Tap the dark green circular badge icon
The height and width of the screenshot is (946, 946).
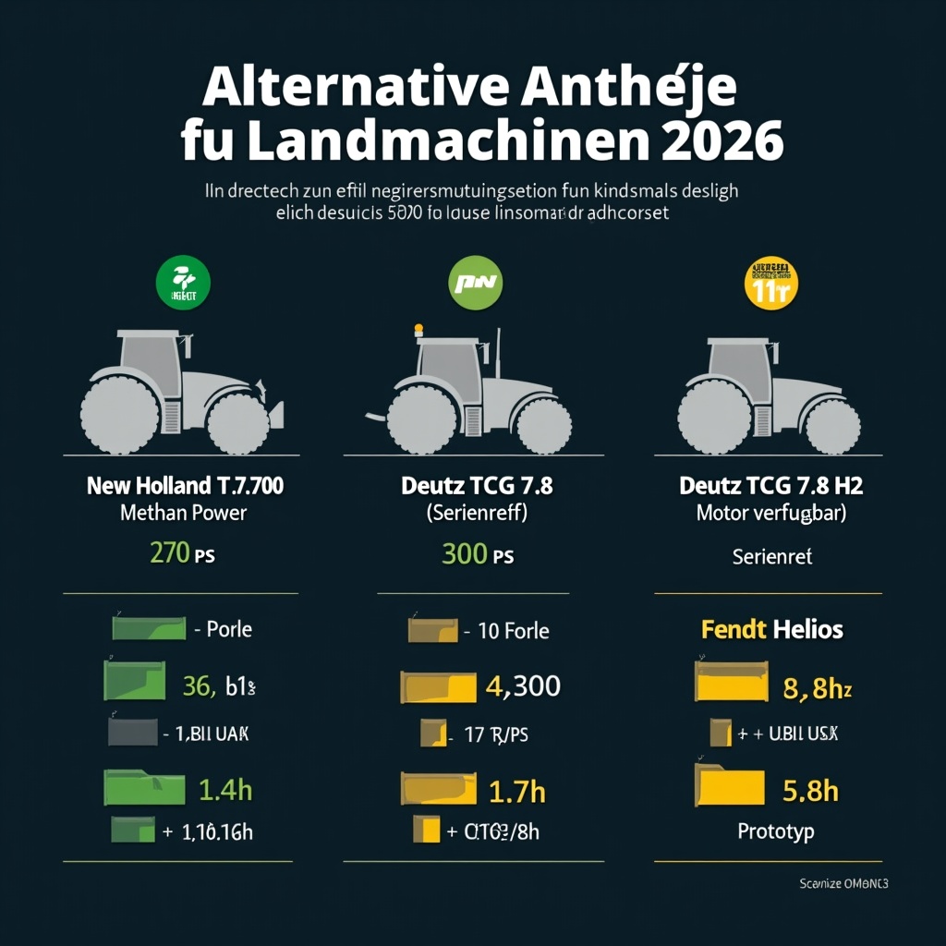185,283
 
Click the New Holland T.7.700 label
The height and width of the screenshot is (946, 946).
185,485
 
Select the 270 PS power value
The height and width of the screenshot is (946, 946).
182,554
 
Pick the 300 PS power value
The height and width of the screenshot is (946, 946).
477,554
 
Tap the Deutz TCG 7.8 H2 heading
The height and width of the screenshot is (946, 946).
770,485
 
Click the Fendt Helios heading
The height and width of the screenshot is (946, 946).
772,630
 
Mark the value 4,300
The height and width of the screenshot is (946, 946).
522,686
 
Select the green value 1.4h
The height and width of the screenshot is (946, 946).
225,790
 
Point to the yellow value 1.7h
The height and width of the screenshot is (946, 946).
515,791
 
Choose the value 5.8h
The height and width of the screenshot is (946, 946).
810,791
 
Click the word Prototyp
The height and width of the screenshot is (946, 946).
776,831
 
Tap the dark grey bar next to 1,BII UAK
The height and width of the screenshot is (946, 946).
133,733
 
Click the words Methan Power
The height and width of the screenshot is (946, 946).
184,513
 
